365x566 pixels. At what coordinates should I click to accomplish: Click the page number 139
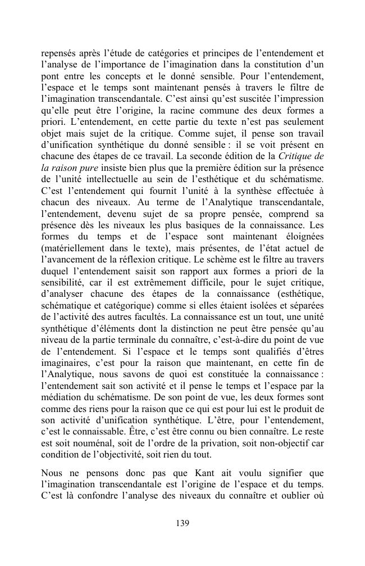(182, 523)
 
